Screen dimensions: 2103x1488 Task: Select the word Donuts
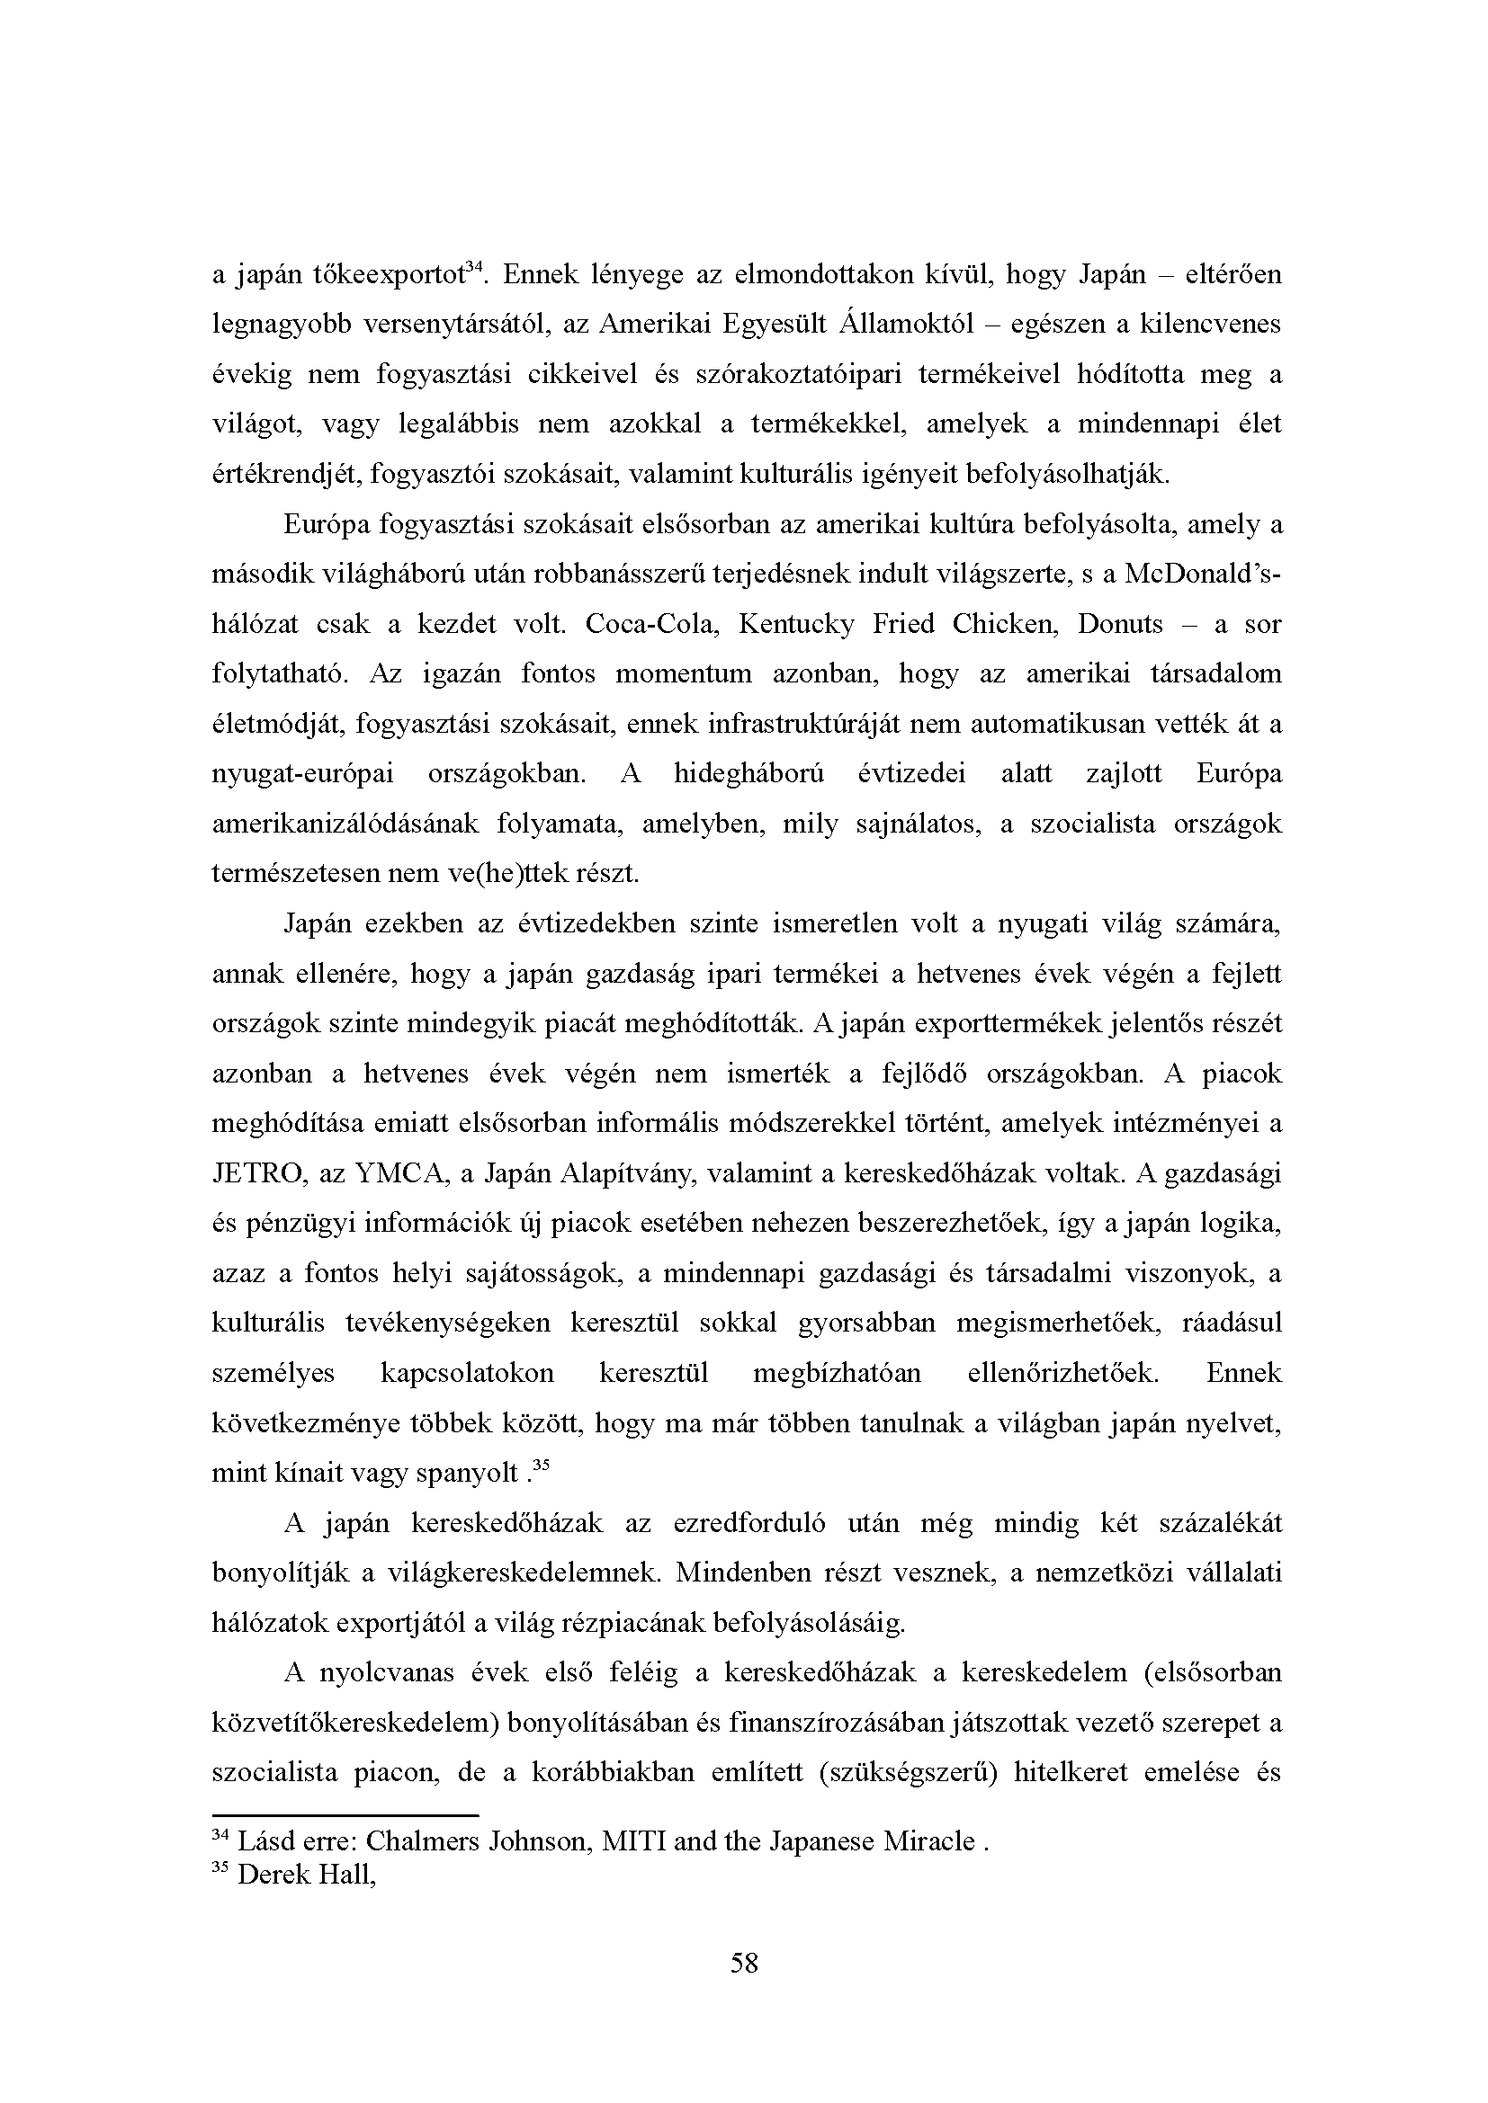[x=1120, y=626]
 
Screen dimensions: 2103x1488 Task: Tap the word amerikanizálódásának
[x=345, y=824]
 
